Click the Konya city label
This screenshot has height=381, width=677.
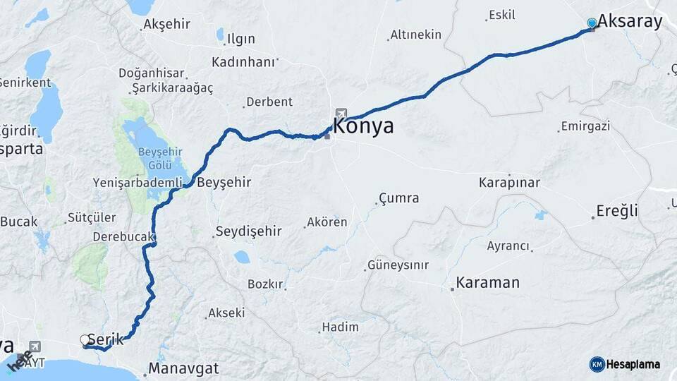[x=362, y=127]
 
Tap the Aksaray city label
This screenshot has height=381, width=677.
[x=630, y=21]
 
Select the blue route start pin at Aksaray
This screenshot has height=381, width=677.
[x=591, y=23]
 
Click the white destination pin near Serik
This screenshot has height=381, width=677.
[x=85, y=340]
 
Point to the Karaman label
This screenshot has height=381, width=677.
[x=487, y=283]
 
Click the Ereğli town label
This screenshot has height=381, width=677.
[x=616, y=211]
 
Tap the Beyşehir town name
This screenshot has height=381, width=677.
[x=224, y=182]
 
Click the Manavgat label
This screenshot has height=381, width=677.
[x=183, y=368]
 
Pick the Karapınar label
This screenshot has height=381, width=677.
[x=509, y=183]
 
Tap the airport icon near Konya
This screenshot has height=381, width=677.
[x=341, y=114]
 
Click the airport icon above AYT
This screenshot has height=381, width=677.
[x=34, y=346]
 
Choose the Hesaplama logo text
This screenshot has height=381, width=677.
[x=633, y=364]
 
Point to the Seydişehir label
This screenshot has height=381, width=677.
[x=248, y=231]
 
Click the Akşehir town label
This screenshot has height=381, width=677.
[x=166, y=24]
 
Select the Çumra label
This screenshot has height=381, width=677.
[x=398, y=198]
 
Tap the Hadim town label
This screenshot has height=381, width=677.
[x=340, y=327]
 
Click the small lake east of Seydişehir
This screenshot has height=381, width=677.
[x=242, y=257]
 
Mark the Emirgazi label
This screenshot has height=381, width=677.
[x=585, y=127]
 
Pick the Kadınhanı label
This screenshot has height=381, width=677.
[x=243, y=62]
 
